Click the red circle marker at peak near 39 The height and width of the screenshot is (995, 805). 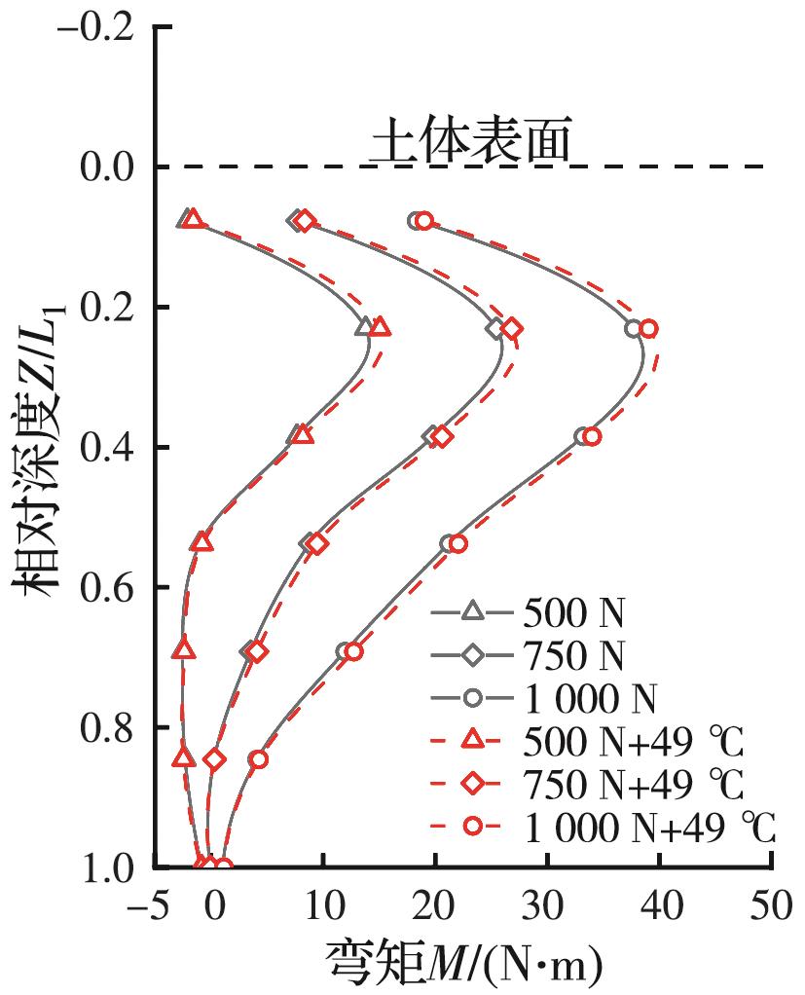(648, 329)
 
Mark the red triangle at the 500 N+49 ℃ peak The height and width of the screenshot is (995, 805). (381, 329)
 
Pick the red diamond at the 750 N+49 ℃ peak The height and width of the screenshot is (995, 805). (512, 329)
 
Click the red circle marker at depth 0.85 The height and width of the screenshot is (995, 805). (258, 759)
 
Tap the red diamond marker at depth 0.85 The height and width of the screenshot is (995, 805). (215, 759)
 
